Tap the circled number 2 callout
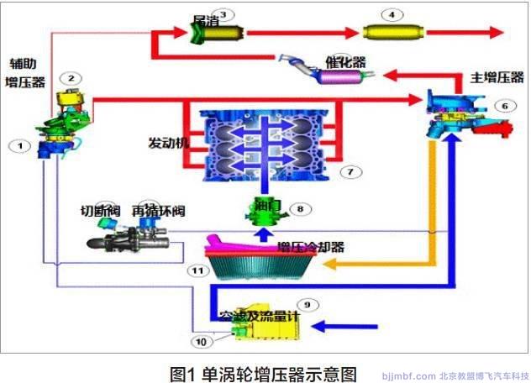tap(73, 78)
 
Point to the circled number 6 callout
tap(502, 106)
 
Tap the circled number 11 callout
tap(197, 270)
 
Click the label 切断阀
tap(88, 212)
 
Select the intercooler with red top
tap(261, 260)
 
